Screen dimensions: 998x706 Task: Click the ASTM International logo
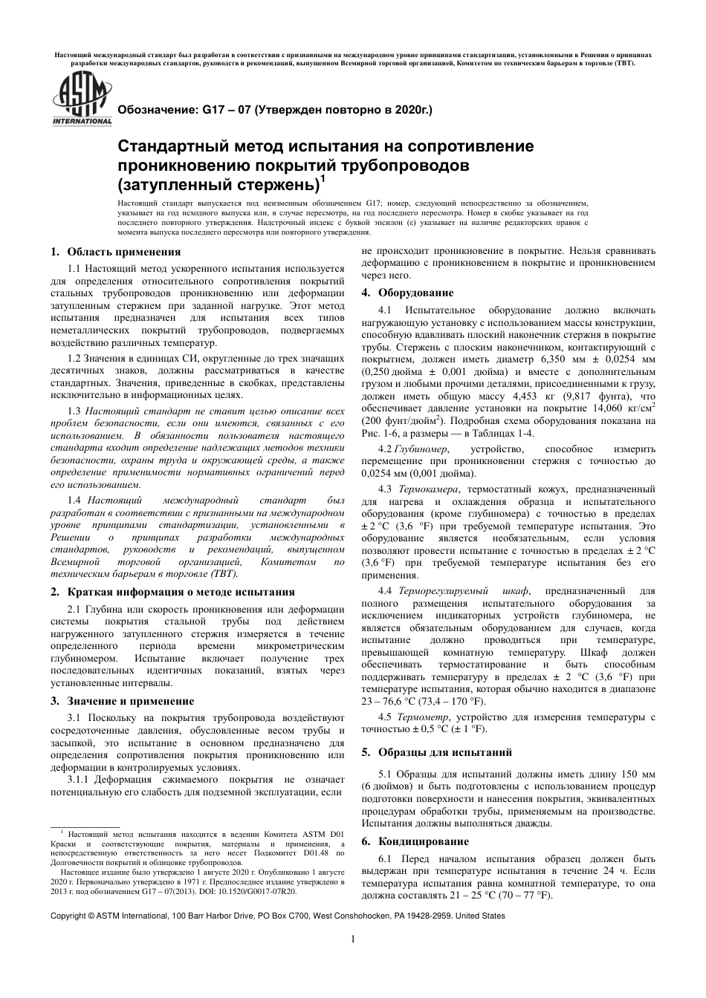[80, 102]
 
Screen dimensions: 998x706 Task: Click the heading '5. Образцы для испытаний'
[436, 751]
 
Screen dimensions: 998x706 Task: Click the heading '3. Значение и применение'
[122, 700]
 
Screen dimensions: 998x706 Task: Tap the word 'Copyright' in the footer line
[68, 916]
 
